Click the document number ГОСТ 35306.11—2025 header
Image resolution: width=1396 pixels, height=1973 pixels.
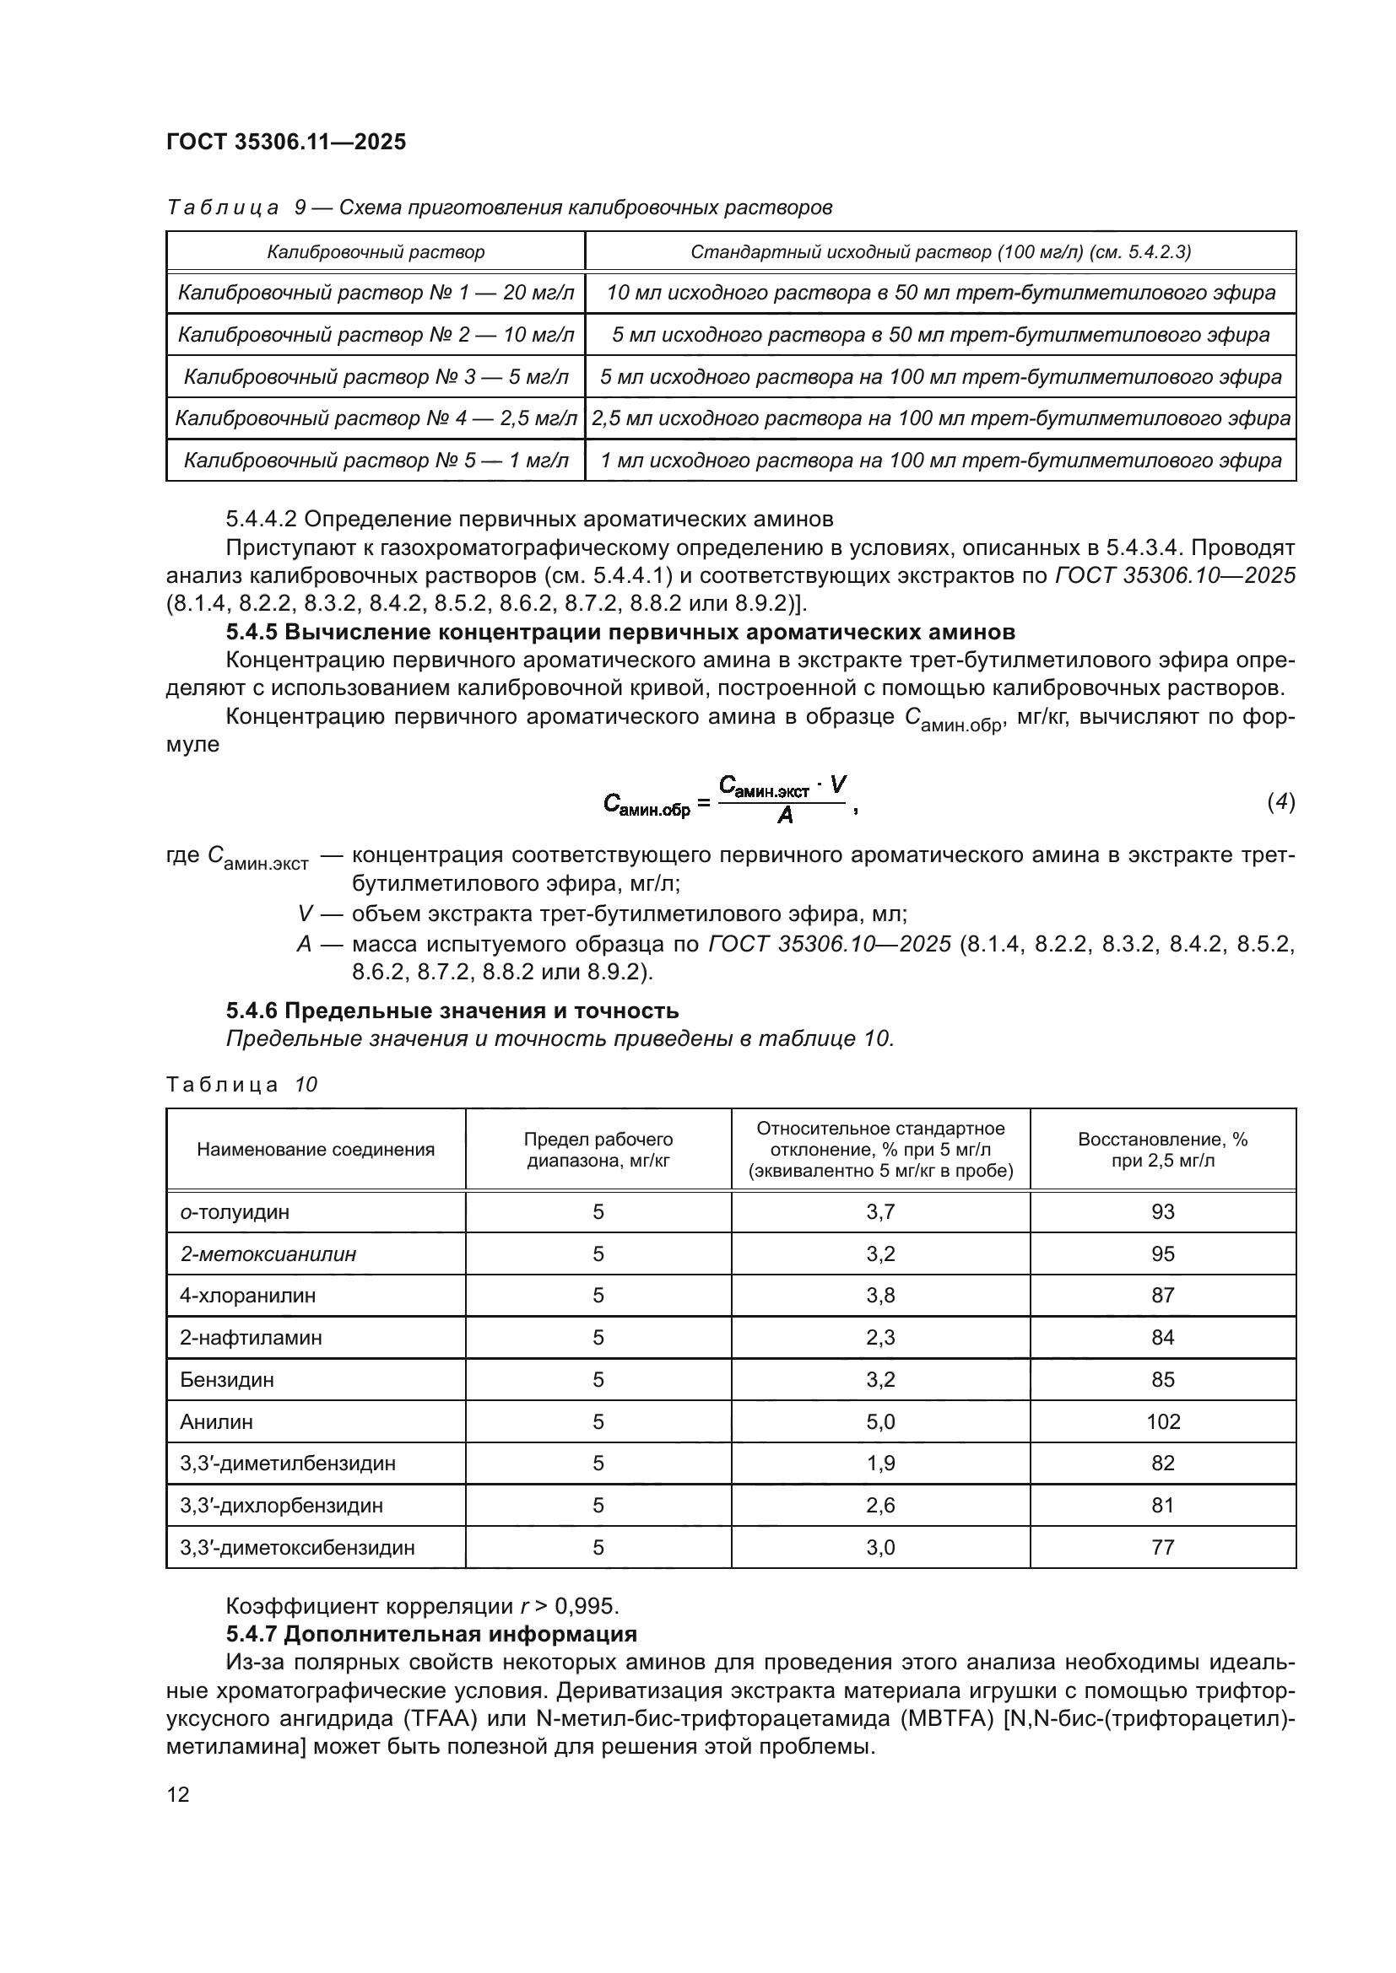285,142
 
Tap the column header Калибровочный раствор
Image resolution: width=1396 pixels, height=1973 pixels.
376,251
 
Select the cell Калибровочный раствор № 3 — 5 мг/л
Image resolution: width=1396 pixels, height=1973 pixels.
376,376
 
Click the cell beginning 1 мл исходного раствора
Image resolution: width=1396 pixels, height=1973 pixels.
940,461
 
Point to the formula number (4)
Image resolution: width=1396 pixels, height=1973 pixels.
1281,801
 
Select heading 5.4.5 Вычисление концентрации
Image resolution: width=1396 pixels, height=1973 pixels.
620,632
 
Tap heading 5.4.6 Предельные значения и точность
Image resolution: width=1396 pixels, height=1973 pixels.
452,1011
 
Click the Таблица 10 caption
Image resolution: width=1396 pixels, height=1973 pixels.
241,1085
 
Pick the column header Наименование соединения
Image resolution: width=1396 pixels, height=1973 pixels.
316,1150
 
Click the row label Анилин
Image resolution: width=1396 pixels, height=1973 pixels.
217,1421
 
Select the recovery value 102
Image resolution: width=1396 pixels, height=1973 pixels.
1163,1421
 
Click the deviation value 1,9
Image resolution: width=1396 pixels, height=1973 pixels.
880,1464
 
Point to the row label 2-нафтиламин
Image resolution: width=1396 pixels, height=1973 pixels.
251,1337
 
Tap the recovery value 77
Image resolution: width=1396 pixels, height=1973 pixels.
1163,1548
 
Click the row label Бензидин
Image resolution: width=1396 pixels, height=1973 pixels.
227,1379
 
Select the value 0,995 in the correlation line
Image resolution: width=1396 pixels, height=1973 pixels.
587,1606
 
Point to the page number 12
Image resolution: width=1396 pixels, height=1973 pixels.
178,1794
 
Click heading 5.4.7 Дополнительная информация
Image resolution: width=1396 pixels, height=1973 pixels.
431,1634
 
